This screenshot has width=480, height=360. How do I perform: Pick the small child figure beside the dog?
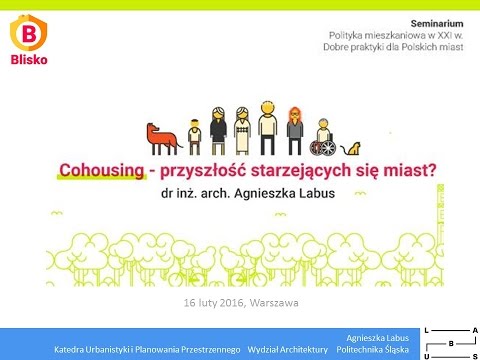pyautogui.click(x=194, y=136)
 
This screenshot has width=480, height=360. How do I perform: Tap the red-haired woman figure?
pyautogui.click(x=294, y=128)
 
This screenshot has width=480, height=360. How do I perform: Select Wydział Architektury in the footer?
pyautogui.click(x=288, y=349)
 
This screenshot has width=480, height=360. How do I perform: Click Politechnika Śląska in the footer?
pyautogui.click(x=373, y=349)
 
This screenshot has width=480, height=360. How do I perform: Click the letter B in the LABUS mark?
pyautogui.click(x=450, y=342)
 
